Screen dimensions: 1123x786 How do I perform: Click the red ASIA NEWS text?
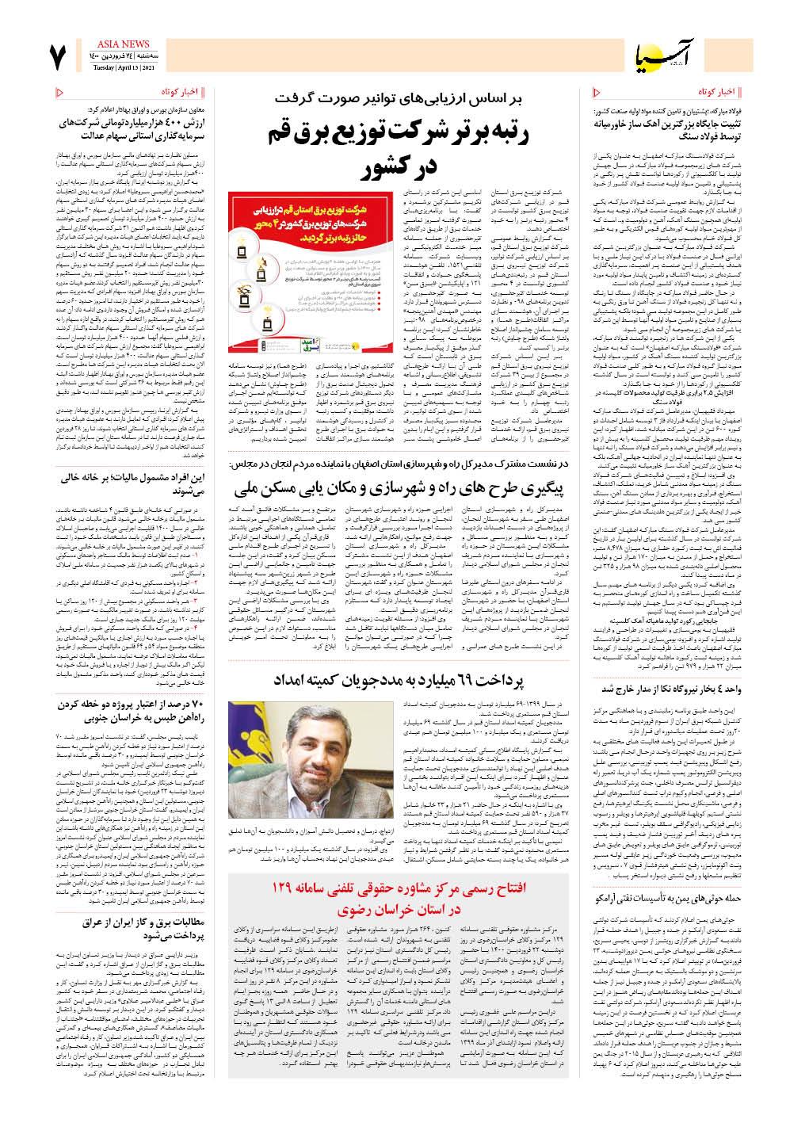coord(120,47)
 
